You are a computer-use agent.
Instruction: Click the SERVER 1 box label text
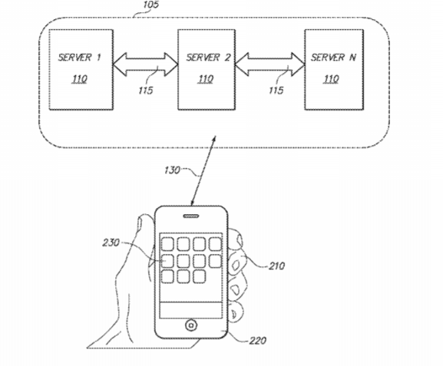click(79, 58)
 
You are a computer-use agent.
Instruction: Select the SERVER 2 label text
click(208, 58)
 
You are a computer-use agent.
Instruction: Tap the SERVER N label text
click(333, 58)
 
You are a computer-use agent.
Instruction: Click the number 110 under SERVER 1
click(79, 79)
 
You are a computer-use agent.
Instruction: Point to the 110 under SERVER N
click(331, 79)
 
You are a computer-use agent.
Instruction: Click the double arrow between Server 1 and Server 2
click(146, 64)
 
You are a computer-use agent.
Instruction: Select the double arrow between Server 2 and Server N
click(269, 64)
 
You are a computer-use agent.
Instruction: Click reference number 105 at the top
click(151, 5)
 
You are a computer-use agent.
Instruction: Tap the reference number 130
click(172, 170)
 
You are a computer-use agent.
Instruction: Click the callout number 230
click(111, 242)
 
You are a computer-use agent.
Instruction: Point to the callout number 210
click(276, 265)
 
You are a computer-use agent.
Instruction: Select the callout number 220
click(258, 341)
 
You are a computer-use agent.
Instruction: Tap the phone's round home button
click(191, 325)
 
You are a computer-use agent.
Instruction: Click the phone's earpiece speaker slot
click(191, 216)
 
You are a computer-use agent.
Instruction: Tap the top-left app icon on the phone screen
click(167, 244)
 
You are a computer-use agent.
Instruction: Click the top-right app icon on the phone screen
click(215, 244)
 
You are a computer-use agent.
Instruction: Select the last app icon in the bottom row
click(199, 276)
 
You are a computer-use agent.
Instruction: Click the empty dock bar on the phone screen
click(191, 310)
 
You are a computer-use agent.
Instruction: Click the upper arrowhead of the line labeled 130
click(214, 138)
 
